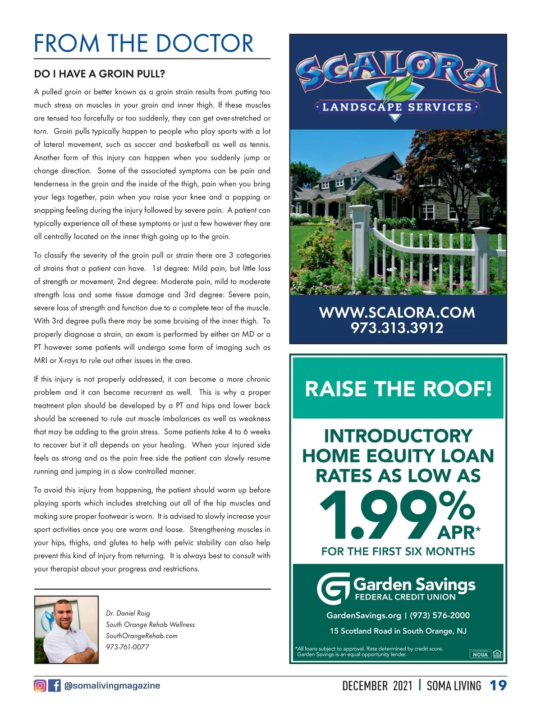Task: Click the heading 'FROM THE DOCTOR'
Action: (x=143, y=43)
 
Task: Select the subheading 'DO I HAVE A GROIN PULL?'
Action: (x=100, y=73)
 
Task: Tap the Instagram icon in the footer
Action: (x=40, y=686)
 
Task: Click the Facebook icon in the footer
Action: (x=55, y=686)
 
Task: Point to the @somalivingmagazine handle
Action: (x=112, y=686)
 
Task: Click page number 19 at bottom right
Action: (x=498, y=686)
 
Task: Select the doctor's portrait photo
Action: (x=66, y=629)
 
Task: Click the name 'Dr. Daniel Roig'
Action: (x=128, y=613)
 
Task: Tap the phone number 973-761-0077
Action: (x=128, y=647)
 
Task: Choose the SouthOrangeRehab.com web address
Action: (x=142, y=636)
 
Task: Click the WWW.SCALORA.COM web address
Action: (x=397, y=312)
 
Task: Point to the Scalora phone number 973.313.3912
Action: (x=397, y=328)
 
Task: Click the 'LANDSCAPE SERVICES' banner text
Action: (x=397, y=107)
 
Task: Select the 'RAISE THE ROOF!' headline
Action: (x=398, y=389)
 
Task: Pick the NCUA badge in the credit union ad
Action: (x=480, y=654)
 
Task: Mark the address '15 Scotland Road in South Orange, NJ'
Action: (x=398, y=631)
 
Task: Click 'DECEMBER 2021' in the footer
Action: (x=377, y=686)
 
